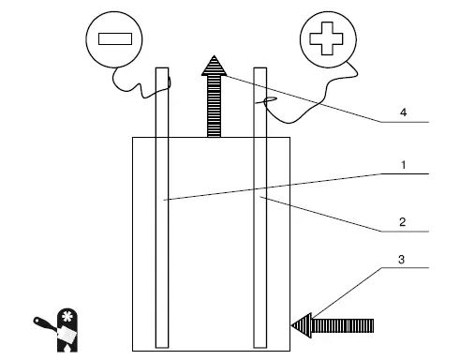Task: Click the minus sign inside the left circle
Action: click(115, 39)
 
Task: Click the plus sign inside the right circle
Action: click(326, 38)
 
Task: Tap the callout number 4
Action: click(404, 112)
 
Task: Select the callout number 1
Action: click(404, 165)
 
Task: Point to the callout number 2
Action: click(403, 222)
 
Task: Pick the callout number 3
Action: click(402, 260)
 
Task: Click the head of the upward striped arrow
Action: click(214, 66)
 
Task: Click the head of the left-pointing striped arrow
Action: click(302, 325)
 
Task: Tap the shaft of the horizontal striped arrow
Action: click(343, 325)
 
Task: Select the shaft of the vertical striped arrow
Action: click(214, 106)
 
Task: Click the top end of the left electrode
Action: click(162, 67)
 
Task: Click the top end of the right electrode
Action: click(260, 67)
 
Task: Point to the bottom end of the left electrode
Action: click(162, 347)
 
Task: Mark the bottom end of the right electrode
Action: click(260, 347)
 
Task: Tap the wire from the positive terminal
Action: click(325, 94)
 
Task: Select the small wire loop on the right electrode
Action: click(270, 100)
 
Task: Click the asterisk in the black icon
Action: click(67, 317)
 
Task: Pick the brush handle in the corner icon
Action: click(46, 324)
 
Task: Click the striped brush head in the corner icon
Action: click(67, 335)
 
